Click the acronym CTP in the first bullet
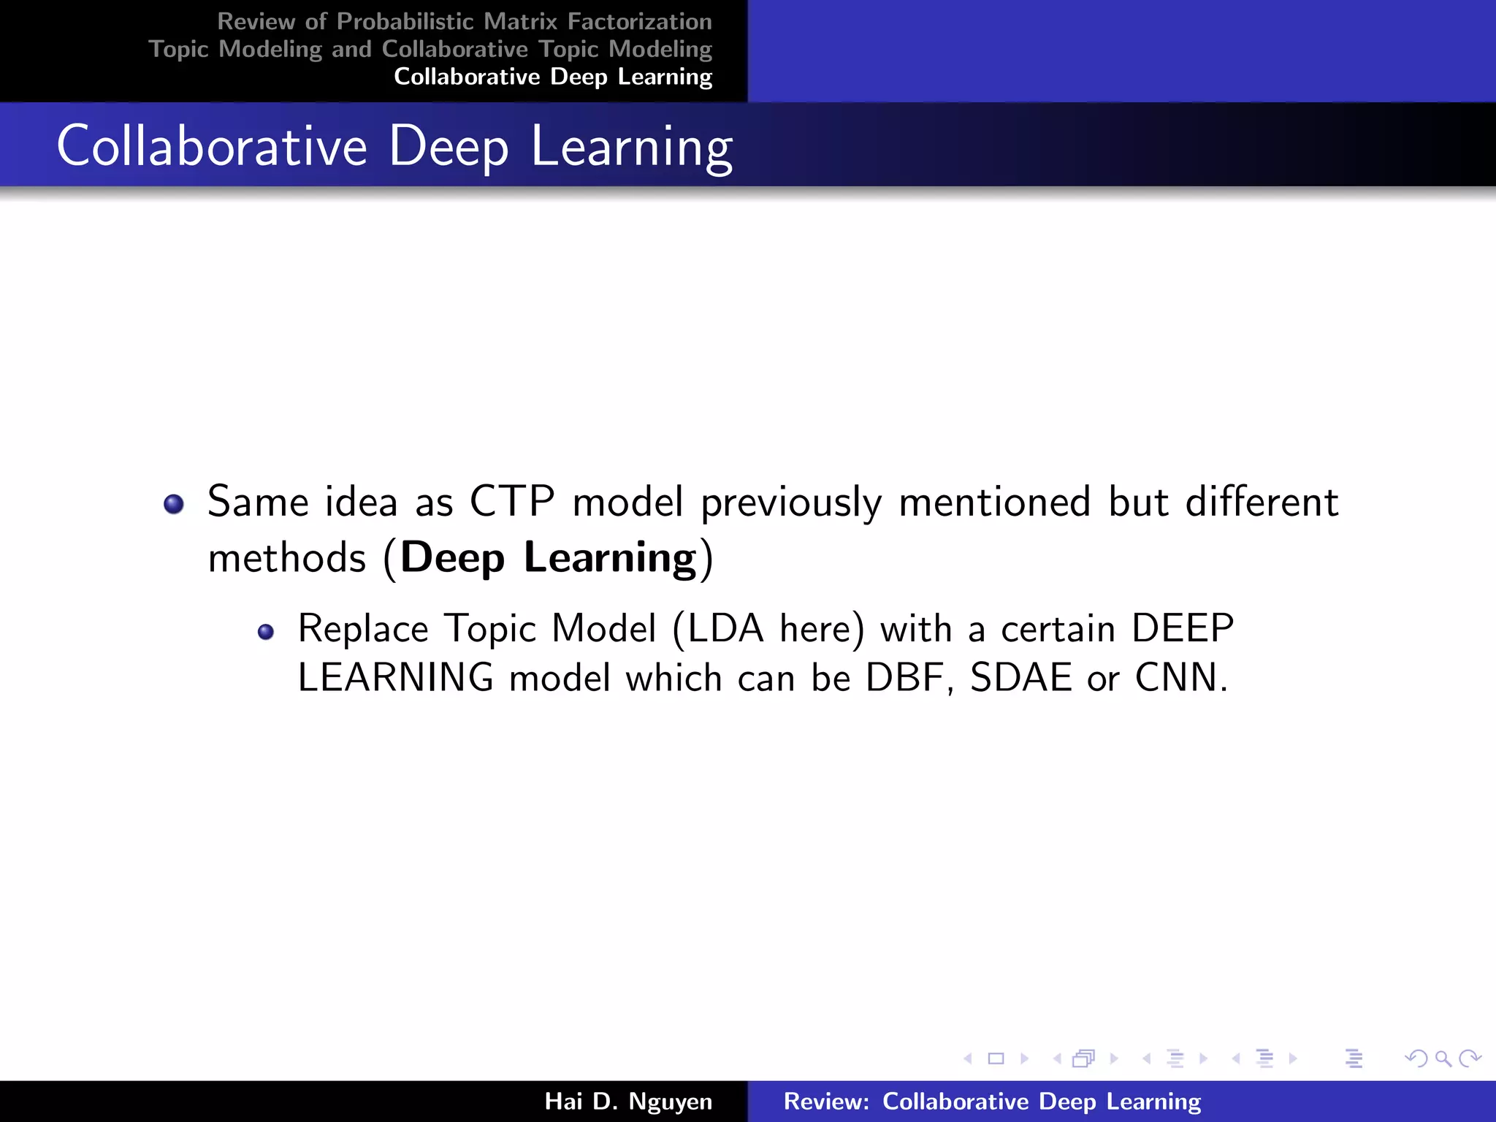point(511,502)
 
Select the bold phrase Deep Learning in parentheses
point(548,558)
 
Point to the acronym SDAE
point(1021,677)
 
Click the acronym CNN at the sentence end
point(1176,677)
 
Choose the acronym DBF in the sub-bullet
point(904,677)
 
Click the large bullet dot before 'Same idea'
point(174,504)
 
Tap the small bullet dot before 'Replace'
point(266,632)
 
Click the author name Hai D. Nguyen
point(628,1101)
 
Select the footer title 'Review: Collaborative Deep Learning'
point(992,1101)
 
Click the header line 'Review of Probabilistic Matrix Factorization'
point(465,22)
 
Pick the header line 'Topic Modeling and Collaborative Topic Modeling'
point(430,49)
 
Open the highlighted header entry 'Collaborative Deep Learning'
point(553,77)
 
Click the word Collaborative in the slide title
point(212,146)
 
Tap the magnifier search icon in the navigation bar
point(1443,1058)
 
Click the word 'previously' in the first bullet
point(791,503)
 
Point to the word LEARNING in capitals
point(396,677)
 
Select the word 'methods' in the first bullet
point(287,558)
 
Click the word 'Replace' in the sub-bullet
point(363,628)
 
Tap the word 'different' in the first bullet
point(1262,502)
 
